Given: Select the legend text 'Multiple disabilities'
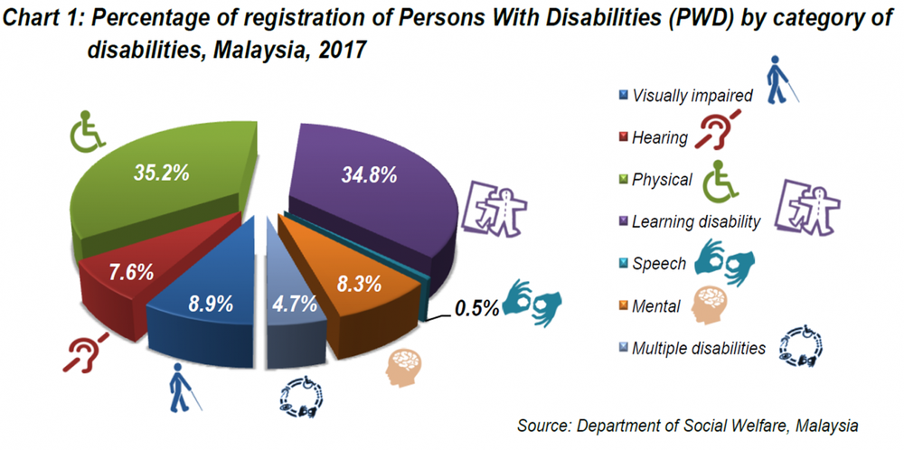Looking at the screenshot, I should pyautogui.click(x=699, y=348).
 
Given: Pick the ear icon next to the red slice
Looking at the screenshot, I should pyautogui.click(x=86, y=352).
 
